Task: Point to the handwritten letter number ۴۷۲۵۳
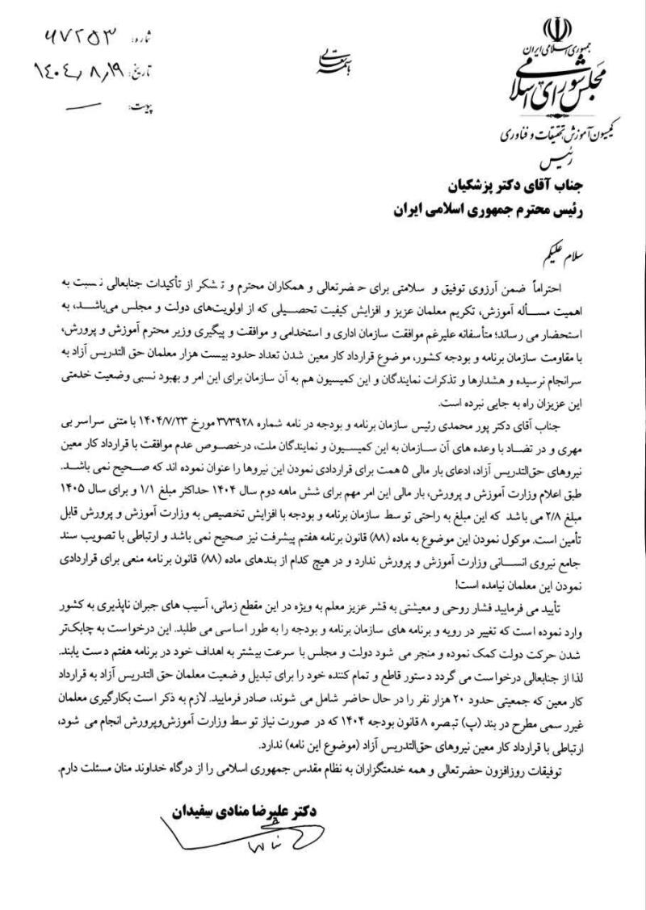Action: (78, 36)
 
